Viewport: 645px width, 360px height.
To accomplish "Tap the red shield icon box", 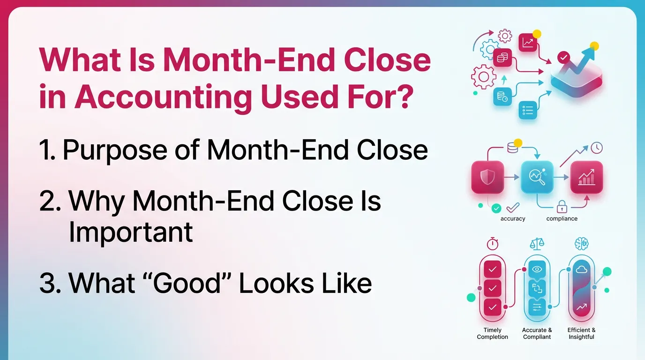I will (487, 177).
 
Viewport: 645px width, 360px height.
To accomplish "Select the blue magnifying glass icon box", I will (537, 177).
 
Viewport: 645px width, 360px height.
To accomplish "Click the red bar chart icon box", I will (586, 177).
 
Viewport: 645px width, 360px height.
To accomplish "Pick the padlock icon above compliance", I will (562, 207).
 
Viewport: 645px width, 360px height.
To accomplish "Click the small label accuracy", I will (513, 218).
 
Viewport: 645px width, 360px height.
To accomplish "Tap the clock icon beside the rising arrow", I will (597, 148).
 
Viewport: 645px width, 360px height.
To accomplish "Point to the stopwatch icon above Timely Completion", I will (492, 244).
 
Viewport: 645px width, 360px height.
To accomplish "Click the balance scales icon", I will (537, 244).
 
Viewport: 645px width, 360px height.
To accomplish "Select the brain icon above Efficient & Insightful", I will (581, 244).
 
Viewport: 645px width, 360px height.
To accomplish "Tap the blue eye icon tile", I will (537, 270).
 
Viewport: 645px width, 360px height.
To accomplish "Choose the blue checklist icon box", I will (528, 111).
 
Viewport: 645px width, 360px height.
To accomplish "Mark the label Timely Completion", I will (492, 333).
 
